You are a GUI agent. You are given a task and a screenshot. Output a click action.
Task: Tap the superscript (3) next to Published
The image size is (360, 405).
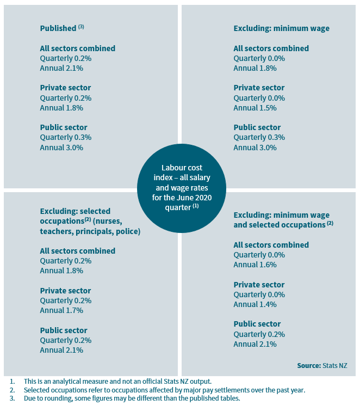click(x=81, y=27)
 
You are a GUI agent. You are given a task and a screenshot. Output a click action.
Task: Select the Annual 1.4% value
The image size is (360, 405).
click(x=255, y=304)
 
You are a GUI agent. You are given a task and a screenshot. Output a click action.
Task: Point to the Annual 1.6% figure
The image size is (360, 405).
click(x=255, y=265)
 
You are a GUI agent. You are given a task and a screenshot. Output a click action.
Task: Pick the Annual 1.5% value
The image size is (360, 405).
click(x=255, y=108)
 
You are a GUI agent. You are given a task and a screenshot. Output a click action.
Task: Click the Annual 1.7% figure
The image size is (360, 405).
click(x=61, y=310)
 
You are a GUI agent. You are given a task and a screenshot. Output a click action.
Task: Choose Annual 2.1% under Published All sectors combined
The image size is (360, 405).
click(x=61, y=68)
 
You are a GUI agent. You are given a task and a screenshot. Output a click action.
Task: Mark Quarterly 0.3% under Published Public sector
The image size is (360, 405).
click(x=66, y=137)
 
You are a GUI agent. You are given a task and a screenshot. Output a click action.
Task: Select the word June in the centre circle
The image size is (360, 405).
click(x=185, y=197)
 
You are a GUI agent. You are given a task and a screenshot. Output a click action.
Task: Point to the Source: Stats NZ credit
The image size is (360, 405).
click(x=322, y=366)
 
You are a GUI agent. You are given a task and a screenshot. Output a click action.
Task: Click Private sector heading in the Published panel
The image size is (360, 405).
click(x=65, y=88)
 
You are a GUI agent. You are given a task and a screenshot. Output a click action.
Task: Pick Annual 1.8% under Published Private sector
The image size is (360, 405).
click(x=61, y=108)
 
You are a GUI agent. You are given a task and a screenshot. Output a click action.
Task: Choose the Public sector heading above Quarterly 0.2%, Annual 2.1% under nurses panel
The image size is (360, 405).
click(x=64, y=330)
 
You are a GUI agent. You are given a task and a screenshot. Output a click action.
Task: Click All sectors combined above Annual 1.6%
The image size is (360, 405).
click(x=271, y=245)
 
